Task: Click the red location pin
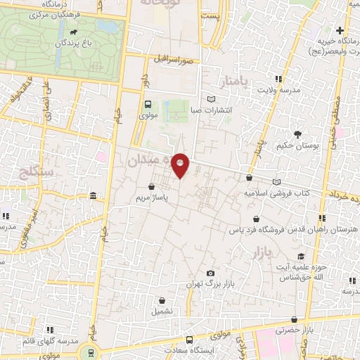tap(181, 165)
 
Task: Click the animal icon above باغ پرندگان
tap(74, 32)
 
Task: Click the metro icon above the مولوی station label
tap(147, 104)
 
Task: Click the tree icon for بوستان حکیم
tap(298, 134)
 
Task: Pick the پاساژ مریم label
tap(153, 199)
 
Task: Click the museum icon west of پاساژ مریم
tap(93, 195)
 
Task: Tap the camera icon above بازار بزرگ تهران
tap(210, 273)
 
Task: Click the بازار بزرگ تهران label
tap(210, 284)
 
